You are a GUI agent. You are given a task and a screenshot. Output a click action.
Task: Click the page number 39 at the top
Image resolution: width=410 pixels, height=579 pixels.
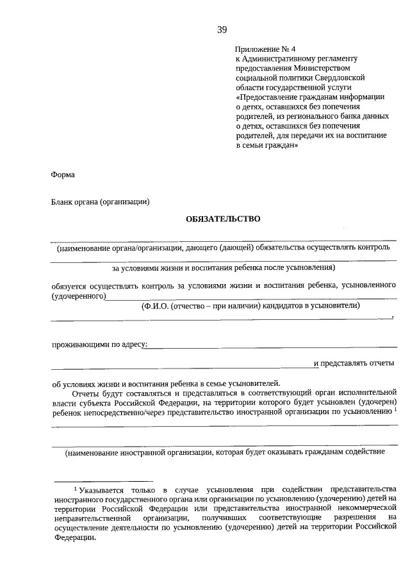tap(222, 29)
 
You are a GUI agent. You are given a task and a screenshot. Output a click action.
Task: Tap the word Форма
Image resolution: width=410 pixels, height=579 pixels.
tap(63, 175)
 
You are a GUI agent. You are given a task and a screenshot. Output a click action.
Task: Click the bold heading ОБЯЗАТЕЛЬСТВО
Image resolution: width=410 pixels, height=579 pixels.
tap(223, 219)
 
